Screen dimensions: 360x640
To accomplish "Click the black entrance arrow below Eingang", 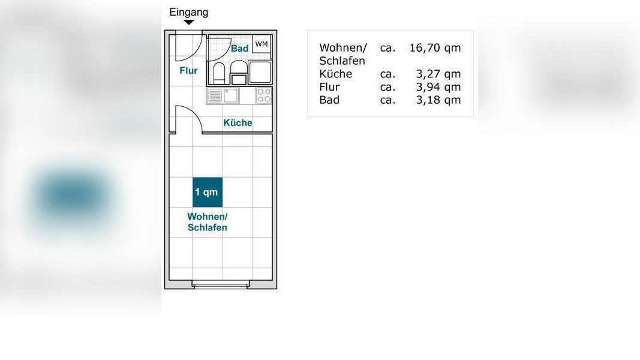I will pyautogui.click(x=189, y=22).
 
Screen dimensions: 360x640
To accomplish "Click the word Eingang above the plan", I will pyautogui.click(x=189, y=12).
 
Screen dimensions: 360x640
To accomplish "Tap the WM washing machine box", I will pyautogui.click(x=262, y=44).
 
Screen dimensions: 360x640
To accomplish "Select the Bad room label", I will pyautogui.click(x=239, y=49).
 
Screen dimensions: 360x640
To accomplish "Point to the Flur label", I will pyautogui.click(x=188, y=71).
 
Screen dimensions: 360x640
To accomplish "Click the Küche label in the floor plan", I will pyautogui.click(x=238, y=123).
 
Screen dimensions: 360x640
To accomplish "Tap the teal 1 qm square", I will pyautogui.click(x=207, y=192).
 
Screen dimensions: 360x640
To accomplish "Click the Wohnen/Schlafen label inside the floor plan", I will pyautogui.click(x=208, y=222).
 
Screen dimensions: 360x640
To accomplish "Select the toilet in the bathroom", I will pyautogui.click(x=218, y=73).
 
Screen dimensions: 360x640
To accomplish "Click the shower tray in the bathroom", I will pyautogui.click(x=260, y=72).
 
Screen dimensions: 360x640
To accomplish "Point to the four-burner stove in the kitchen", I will pyautogui.click(x=264, y=95).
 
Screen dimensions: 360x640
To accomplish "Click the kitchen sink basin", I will pyautogui.click(x=232, y=95).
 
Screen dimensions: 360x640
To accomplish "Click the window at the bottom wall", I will pyautogui.click(x=221, y=286).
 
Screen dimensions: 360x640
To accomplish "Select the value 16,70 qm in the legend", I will pyautogui.click(x=435, y=48).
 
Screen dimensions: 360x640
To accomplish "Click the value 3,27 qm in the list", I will pyautogui.click(x=438, y=74).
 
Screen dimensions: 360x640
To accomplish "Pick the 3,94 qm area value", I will pyautogui.click(x=438, y=87).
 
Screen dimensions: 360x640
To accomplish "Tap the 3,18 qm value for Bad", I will pyautogui.click(x=438, y=100).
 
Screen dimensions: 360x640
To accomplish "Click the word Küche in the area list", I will pyautogui.click(x=335, y=74).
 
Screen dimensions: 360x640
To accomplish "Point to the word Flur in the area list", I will pyautogui.click(x=329, y=87).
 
